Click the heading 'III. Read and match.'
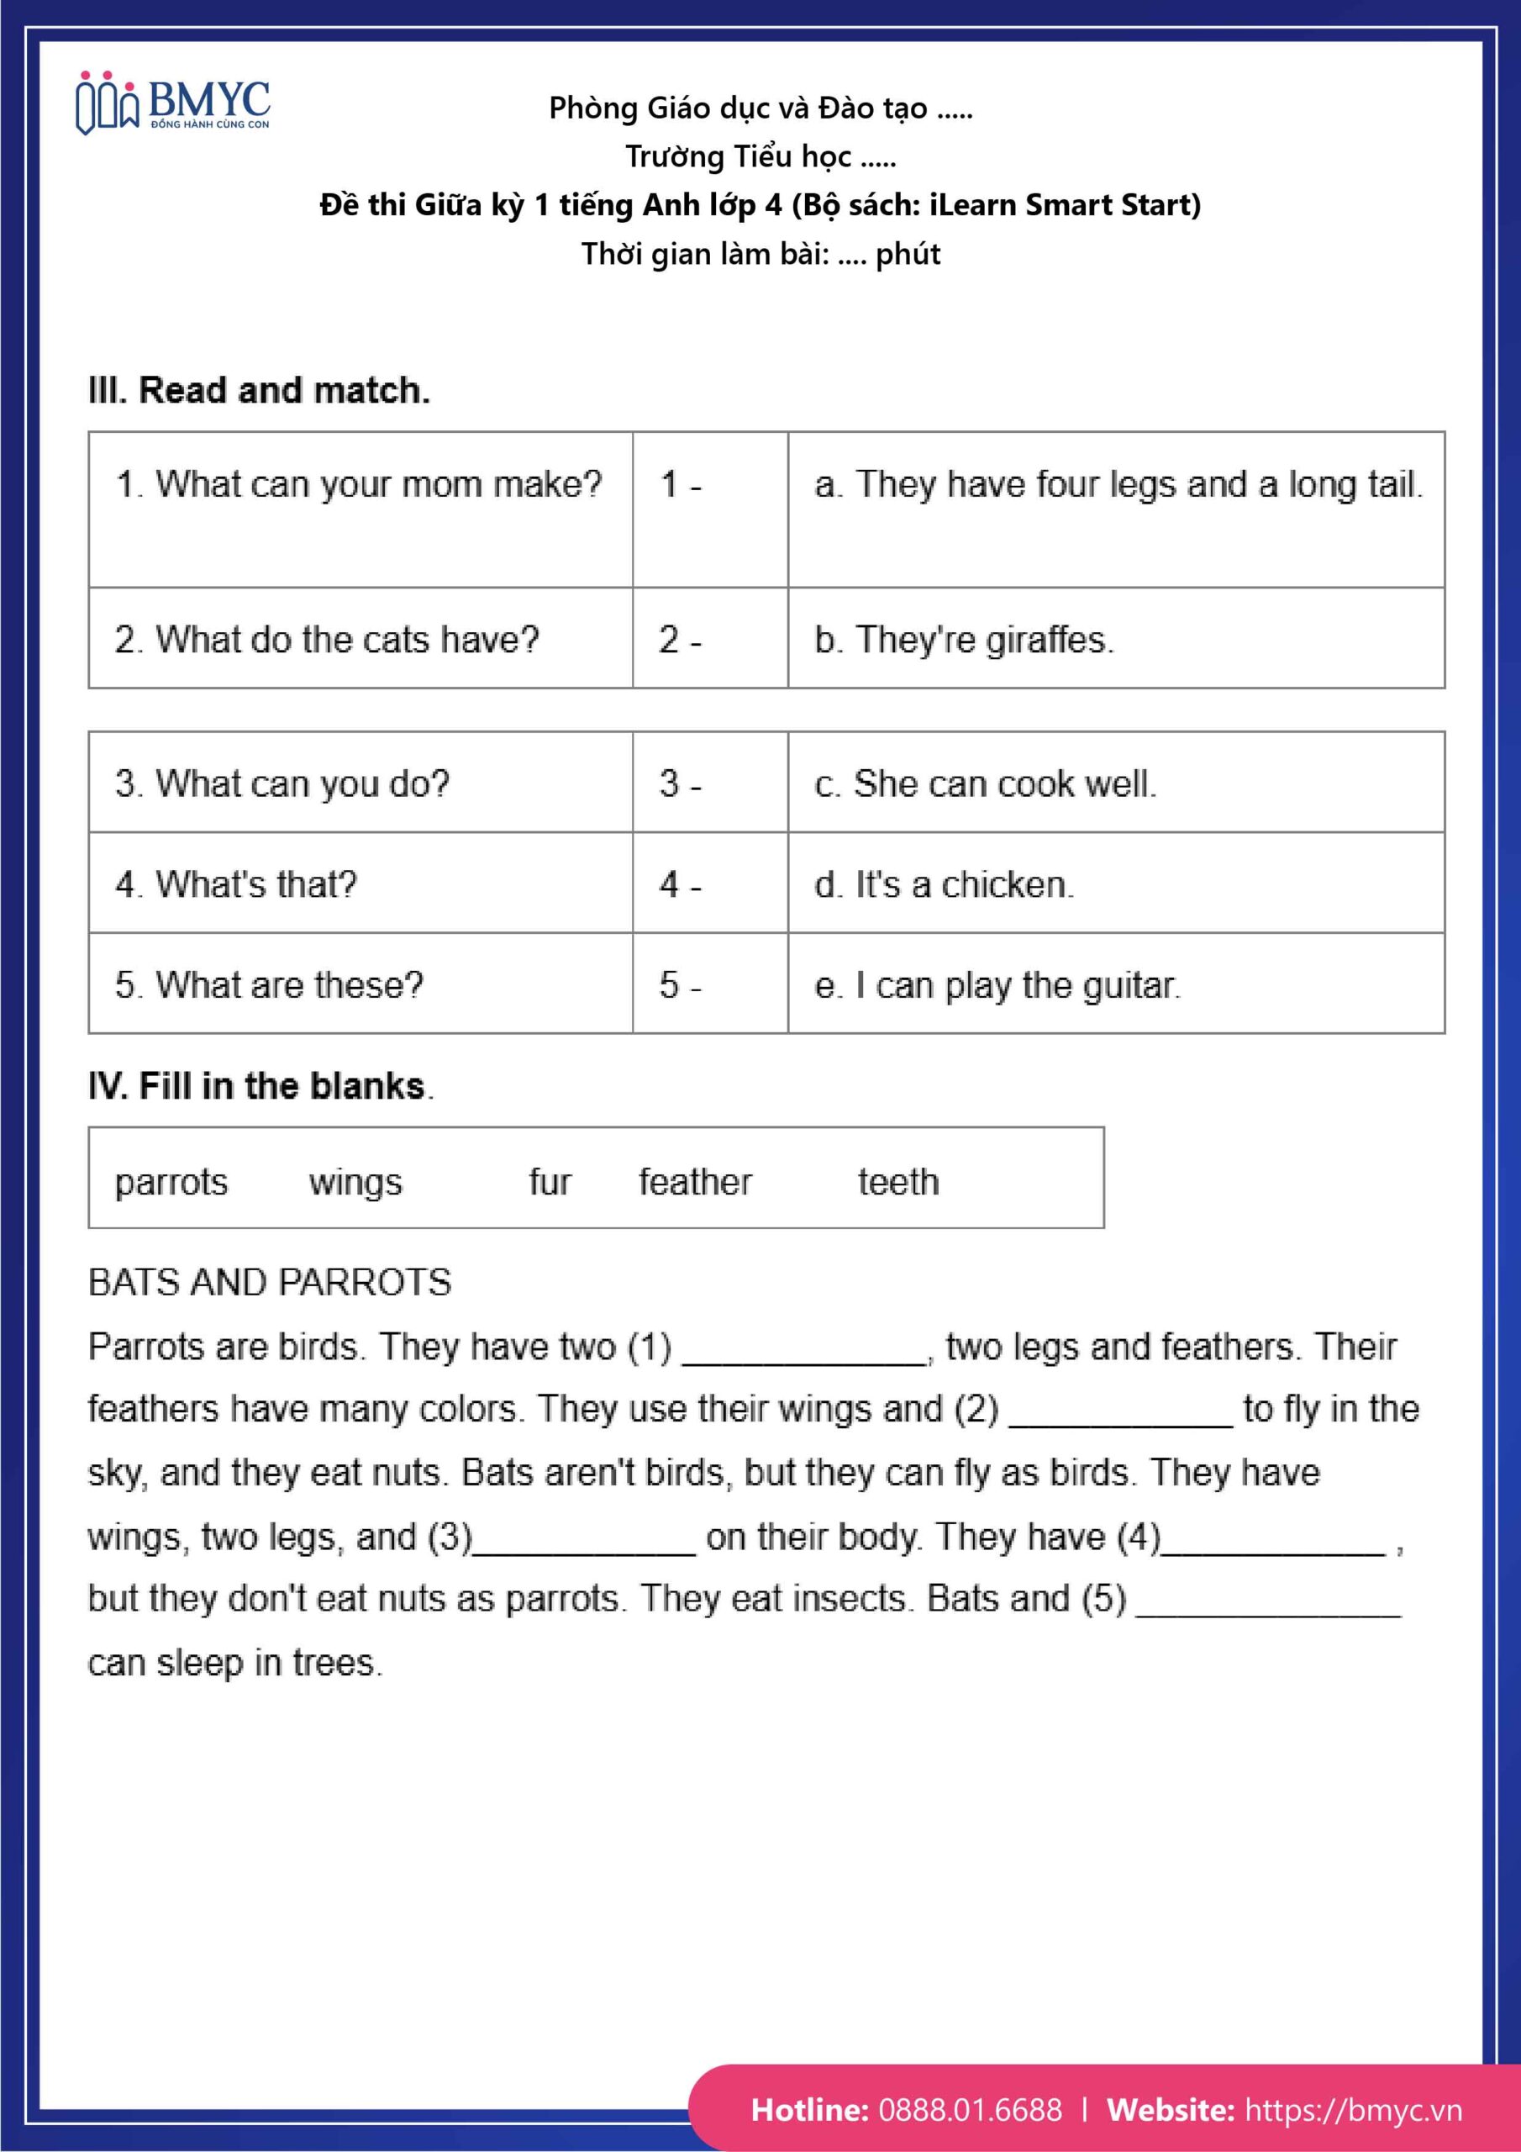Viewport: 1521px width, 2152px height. click(x=259, y=390)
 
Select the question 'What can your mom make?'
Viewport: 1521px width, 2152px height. click(x=359, y=484)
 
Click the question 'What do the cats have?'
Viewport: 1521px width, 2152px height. click(x=327, y=641)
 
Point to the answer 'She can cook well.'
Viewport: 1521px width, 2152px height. click(x=986, y=783)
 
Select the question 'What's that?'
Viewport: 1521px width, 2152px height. click(x=236, y=883)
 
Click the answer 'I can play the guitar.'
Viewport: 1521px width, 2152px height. click(x=997, y=985)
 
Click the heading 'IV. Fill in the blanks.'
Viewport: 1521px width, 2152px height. click(x=261, y=1085)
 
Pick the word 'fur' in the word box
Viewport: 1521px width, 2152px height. click(x=550, y=1182)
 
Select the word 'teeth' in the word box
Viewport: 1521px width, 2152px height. click(x=897, y=1182)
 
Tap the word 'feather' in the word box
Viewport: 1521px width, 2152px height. click(x=695, y=1182)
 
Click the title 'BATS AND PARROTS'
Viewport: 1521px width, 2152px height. click(x=270, y=1282)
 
